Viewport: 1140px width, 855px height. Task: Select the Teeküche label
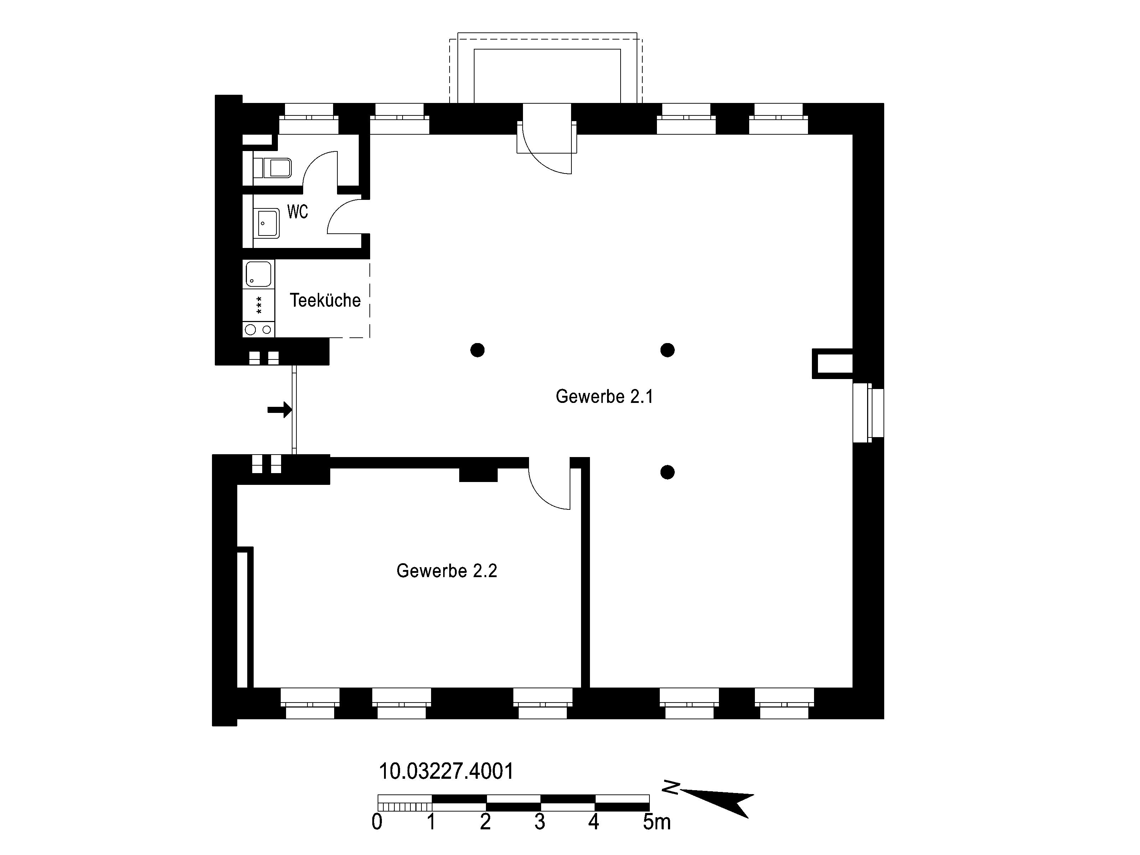pos(325,300)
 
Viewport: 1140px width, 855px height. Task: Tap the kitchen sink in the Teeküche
pos(259,274)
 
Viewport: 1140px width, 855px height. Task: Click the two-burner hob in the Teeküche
pos(259,329)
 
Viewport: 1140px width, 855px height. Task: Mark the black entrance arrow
pos(279,410)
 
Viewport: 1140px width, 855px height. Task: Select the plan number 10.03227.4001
pos(446,772)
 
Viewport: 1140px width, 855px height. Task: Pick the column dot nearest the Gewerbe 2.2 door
pos(667,472)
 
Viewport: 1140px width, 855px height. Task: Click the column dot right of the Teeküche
pos(477,351)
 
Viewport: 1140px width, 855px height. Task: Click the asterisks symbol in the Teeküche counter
pos(259,305)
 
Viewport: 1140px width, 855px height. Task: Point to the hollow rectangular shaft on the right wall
pos(832,364)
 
